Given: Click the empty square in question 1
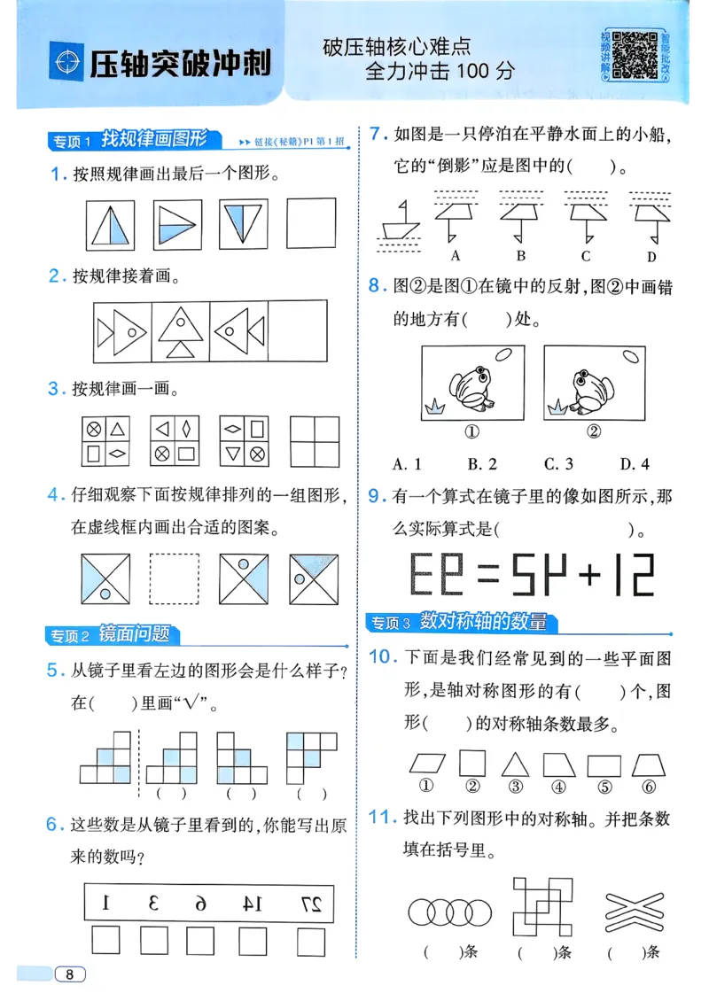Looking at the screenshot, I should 311,223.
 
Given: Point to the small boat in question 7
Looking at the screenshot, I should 399,222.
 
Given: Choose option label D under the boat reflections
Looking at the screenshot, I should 651,257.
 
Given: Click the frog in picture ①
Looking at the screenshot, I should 469,388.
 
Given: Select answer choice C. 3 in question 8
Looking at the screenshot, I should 558,463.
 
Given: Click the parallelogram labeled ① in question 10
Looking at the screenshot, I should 428,764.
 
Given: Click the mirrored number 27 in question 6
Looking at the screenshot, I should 310,903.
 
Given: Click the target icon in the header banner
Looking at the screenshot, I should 65,63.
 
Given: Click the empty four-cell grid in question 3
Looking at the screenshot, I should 315,440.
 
